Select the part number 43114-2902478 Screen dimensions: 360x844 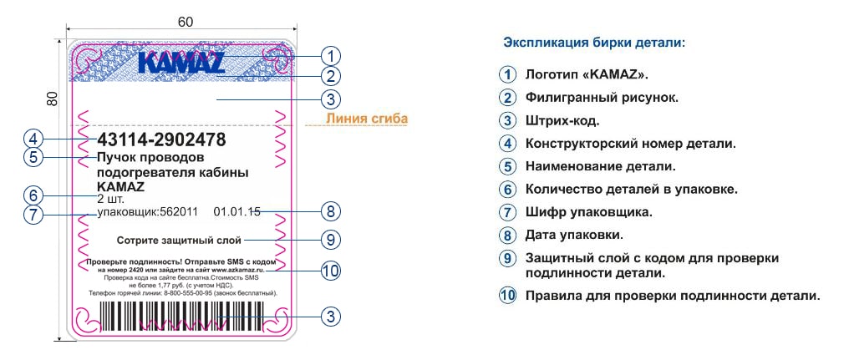click(161, 139)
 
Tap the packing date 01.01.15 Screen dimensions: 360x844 click(237, 212)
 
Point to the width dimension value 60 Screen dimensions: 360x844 click(186, 23)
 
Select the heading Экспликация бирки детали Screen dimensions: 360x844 click(593, 41)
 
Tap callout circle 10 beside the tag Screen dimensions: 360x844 click(332, 271)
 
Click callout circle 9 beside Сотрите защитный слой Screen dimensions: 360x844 click(332, 239)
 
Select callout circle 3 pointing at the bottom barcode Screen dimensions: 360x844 click(332, 317)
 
